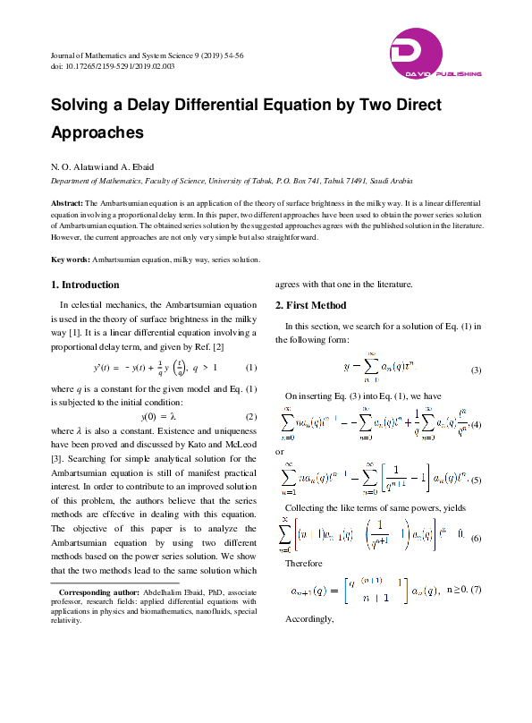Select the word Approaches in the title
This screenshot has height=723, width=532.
tap(97, 132)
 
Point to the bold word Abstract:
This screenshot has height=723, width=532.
tap(67, 204)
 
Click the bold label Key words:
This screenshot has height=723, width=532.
tap(70, 259)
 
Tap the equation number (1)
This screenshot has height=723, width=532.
tap(251, 368)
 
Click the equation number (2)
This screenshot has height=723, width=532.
tap(251, 417)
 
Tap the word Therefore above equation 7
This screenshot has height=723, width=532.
tap(302, 565)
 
